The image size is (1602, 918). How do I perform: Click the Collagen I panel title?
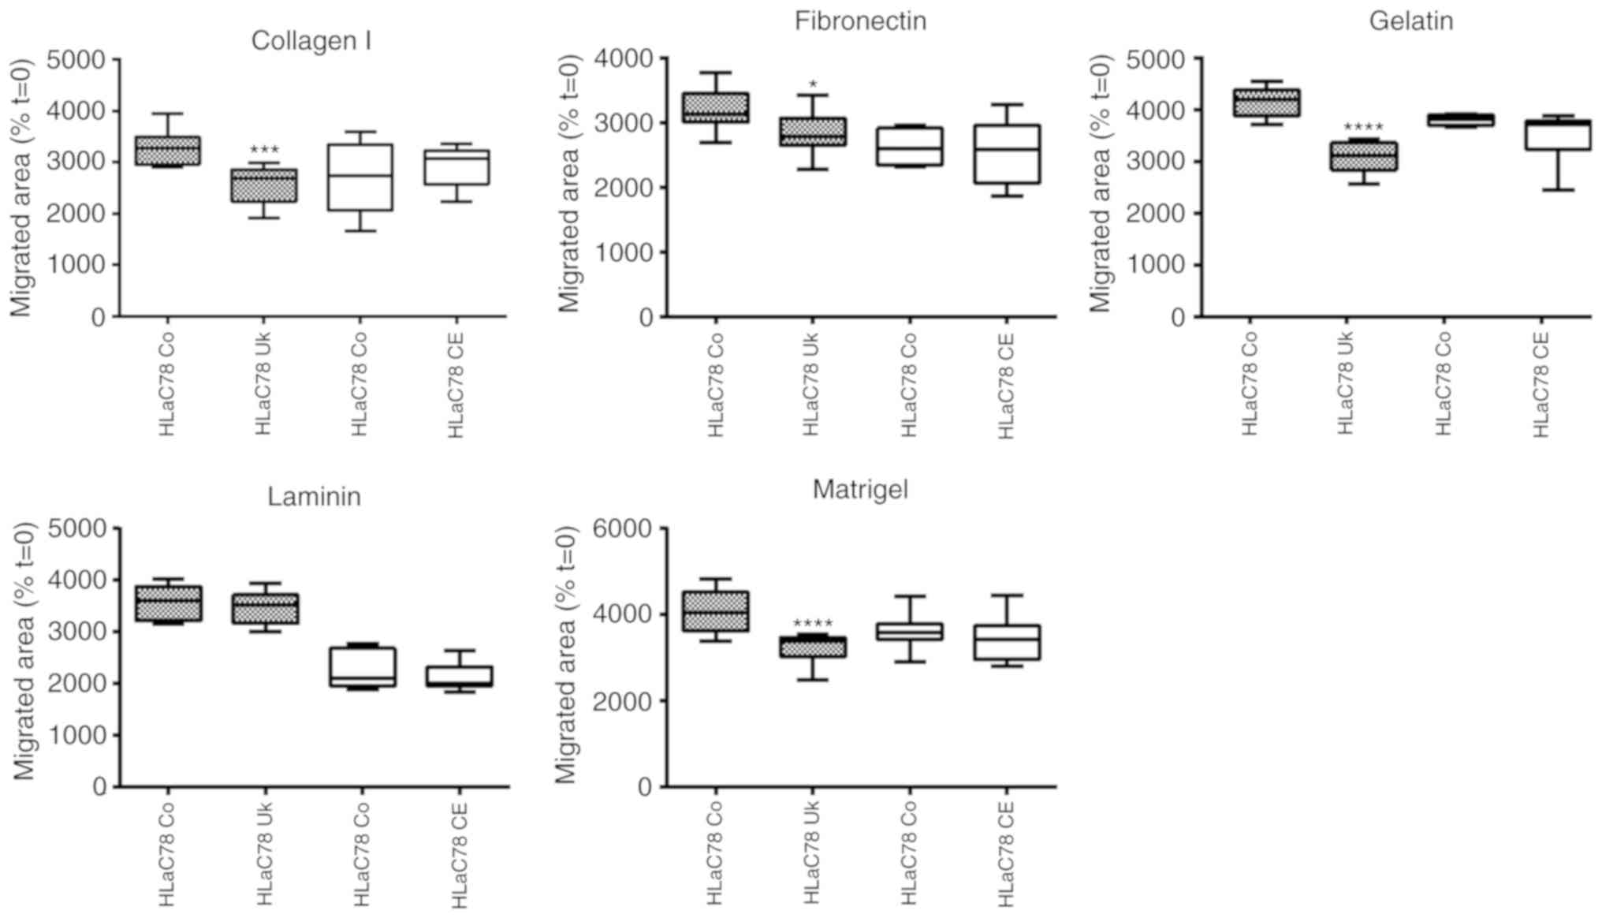pyautogui.click(x=311, y=41)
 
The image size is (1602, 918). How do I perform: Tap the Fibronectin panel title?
pyautogui.click(x=860, y=21)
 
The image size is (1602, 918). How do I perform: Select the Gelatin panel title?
pyautogui.click(x=1410, y=21)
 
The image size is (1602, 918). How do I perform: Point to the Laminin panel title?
pyautogui.click(x=314, y=497)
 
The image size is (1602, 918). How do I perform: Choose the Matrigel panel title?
pyautogui.click(x=860, y=490)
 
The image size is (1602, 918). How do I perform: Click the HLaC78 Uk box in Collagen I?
pyautogui.click(x=264, y=185)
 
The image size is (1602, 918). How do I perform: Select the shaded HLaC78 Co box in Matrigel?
pyautogui.click(x=715, y=611)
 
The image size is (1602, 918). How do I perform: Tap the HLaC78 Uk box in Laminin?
pyautogui.click(x=265, y=609)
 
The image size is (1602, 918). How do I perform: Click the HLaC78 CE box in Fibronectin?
pyautogui.click(x=1007, y=154)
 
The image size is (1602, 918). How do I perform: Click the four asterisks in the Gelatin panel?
pyautogui.click(x=1363, y=128)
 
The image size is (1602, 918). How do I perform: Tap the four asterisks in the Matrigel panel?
pyautogui.click(x=812, y=625)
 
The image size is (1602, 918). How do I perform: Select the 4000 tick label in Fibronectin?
pyautogui.click(x=624, y=58)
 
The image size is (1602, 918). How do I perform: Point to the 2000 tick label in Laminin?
pyautogui.click(x=77, y=684)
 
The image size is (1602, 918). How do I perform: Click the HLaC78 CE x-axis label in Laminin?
pyautogui.click(x=459, y=856)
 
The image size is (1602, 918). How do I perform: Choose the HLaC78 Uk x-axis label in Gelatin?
pyautogui.click(x=1346, y=382)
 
